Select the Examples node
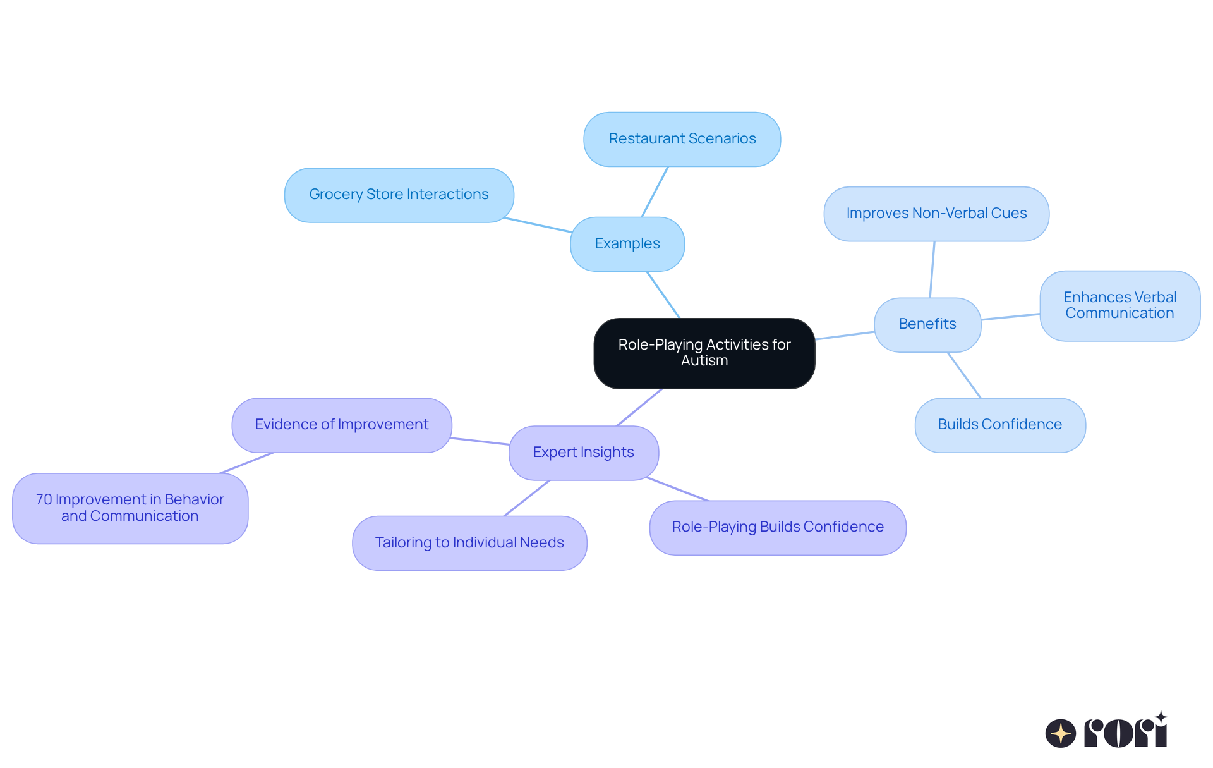pyautogui.click(x=627, y=244)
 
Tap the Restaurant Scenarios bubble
pyautogui.click(x=682, y=139)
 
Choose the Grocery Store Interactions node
pyautogui.click(x=399, y=195)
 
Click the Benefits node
pyautogui.click(x=927, y=324)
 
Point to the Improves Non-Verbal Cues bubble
pyautogui.click(x=936, y=214)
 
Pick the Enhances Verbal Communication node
pyautogui.click(x=1119, y=306)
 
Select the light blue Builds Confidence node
pyautogui.click(x=999, y=425)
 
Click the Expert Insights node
pyautogui.click(x=583, y=453)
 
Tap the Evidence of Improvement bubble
pyautogui.click(x=341, y=425)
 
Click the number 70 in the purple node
pyautogui.click(x=44, y=500)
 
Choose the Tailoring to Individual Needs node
pyautogui.click(x=469, y=543)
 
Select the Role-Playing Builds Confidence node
pyautogui.click(x=777, y=527)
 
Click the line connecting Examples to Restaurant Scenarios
pyautogui.click(x=655, y=192)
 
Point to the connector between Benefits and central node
pyautogui.click(x=845, y=336)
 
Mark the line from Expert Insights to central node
pyautogui.click(x=639, y=407)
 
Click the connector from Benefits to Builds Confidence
pyautogui.click(x=964, y=375)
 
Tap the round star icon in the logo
pyautogui.click(x=1060, y=733)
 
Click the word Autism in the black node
pyautogui.click(x=704, y=361)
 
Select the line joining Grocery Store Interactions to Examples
pyautogui.click(x=538, y=225)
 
